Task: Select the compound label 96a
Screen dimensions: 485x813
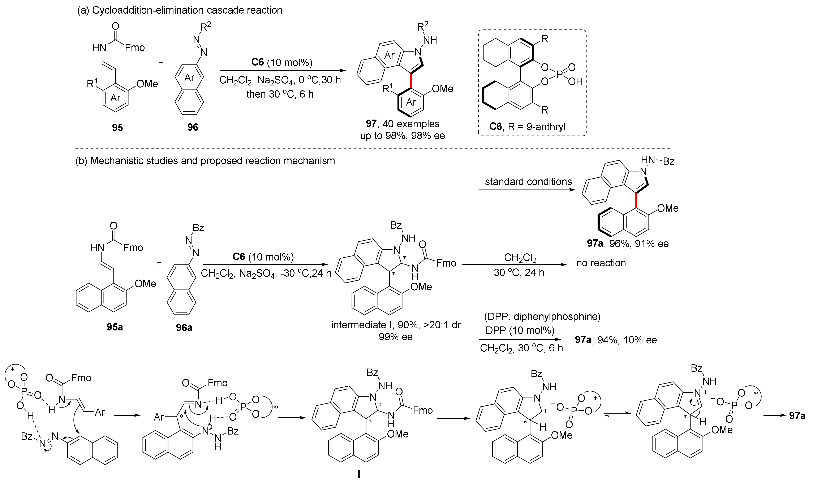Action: click(x=184, y=327)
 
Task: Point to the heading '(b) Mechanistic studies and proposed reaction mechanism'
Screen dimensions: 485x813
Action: click(x=205, y=161)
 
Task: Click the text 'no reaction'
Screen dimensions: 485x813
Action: click(x=601, y=263)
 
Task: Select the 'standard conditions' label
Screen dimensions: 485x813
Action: click(x=528, y=182)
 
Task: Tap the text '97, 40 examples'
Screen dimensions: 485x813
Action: click(x=403, y=124)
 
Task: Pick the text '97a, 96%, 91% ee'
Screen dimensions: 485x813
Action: click(x=627, y=244)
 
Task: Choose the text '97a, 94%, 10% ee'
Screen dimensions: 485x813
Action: click(x=616, y=340)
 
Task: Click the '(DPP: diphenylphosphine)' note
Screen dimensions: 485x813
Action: click(x=542, y=317)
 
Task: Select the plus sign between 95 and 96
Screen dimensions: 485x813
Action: click(x=161, y=62)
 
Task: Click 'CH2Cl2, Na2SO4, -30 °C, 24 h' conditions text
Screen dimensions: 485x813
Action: click(x=266, y=273)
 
